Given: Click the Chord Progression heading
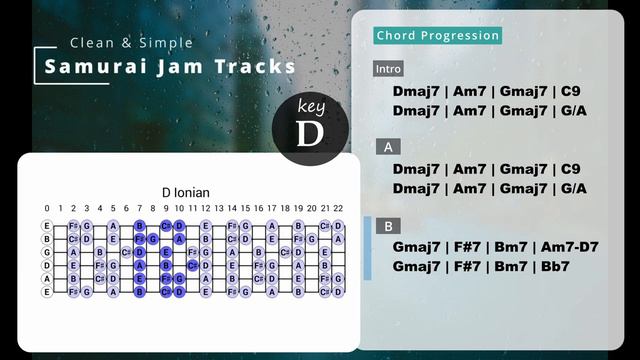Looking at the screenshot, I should pyautogui.click(x=437, y=36).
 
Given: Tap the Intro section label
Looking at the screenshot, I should pyautogui.click(x=388, y=69).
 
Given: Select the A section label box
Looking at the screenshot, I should pyautogui.click(x=387, y=147).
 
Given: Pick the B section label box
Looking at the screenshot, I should pyautogui.click(x=387, y=226).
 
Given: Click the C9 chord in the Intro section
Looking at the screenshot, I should pyautogui.click(x=569, y=91).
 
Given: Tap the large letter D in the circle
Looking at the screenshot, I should pyautogui.click(x=311, y=132).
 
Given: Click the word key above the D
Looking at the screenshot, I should pyautogui.click(x=311, y=107).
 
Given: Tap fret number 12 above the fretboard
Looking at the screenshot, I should pyautogui.click(x=206, y=208).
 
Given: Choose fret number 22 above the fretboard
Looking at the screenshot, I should pyautogui.click(x=338, y=208).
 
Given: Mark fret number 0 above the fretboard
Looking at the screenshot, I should pyautogui.click(x=46, y=208).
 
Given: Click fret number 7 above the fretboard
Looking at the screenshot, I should pyautogui.click(x=140, y=208).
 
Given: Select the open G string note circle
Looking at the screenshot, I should pyautogui.click(x=46, y=252).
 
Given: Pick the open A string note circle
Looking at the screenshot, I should pyautogui.click(x=46, y=278).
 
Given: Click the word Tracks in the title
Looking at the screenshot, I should pyautogui.click(x=259, y=67).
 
